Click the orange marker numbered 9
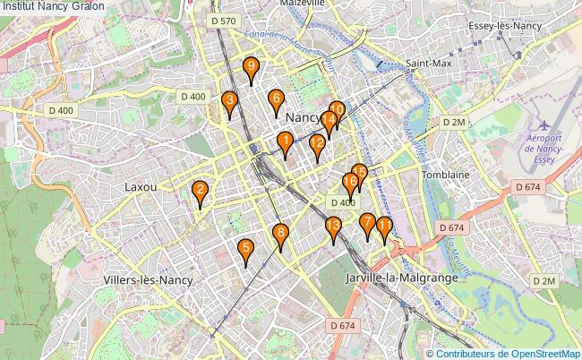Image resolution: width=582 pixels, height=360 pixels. pos(252,66)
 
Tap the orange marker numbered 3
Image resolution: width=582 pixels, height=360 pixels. pos(229,100)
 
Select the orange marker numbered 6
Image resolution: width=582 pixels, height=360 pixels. pos(276,99)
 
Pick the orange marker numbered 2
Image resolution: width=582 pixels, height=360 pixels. pos(200,190)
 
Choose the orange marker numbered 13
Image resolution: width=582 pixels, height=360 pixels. pos(333,226)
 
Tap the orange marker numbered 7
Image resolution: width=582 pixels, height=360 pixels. pos(366,222)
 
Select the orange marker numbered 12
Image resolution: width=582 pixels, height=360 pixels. pos(316,143)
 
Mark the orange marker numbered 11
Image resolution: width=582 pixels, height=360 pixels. pos(384,226)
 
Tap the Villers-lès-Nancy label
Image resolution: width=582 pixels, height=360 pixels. pos(148,279)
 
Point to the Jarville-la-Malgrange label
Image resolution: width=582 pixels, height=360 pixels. pos(401,279)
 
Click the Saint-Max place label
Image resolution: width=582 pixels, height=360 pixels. pos(428,64)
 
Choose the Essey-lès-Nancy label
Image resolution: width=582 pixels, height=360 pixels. pos(506,25)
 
